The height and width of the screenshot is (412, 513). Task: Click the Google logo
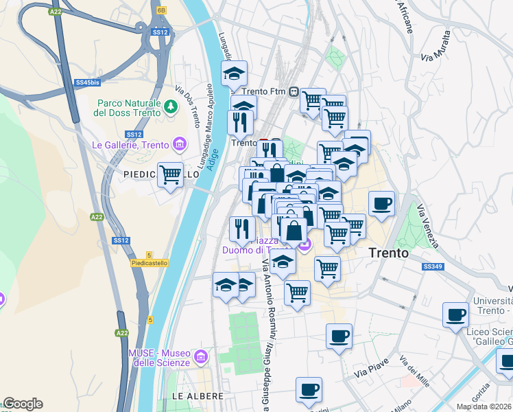point(23,404)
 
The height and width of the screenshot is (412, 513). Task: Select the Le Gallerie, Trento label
point(130,145)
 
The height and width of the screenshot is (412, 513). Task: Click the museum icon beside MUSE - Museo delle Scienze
point(200,356)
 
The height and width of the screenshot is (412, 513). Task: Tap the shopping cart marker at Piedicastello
point(170,174)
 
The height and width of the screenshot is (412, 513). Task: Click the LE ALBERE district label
point(198,396)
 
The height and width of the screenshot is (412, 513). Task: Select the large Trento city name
point(389,253)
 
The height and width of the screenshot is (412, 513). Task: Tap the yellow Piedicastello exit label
point(149,263)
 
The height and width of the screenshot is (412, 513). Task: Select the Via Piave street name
point(371,369)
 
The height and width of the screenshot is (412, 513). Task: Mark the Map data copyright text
point(484,407)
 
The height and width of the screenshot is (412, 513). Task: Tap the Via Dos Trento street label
point(188,106)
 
